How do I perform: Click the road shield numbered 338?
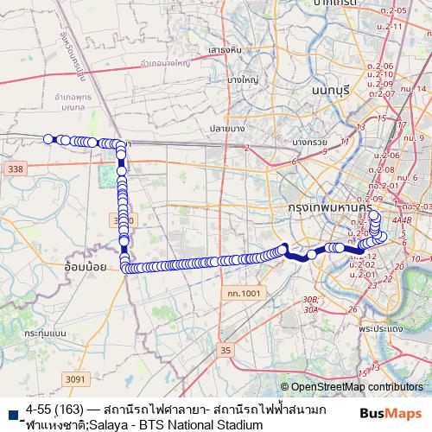click(x=14, y=170)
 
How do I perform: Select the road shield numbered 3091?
click(x=75, y=378)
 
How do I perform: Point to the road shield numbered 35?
click(x=226, y=350)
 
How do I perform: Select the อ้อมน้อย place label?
click(x=85, y=267)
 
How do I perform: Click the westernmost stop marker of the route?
click(x=49, y=138)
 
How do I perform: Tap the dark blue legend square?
click(x=10, y=415)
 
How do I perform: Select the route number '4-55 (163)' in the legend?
click(x=60, y=409)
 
